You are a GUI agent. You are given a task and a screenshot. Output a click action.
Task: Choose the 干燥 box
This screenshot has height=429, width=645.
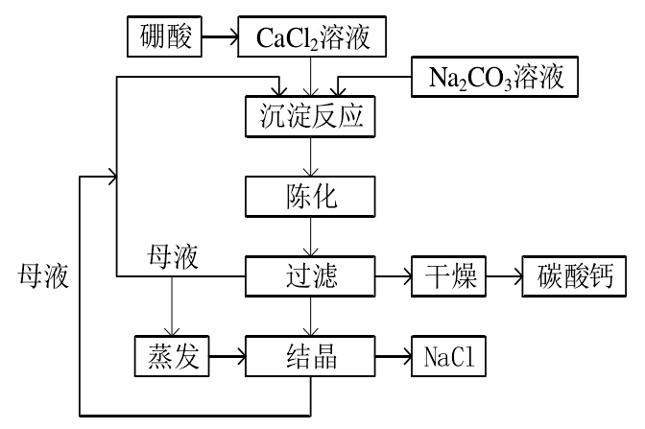(x=447, y=278)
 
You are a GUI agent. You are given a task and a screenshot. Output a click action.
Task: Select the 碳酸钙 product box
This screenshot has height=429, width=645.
(x=575, y=278)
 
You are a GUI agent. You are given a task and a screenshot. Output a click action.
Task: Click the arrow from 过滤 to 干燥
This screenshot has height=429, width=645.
(x=391, y=278)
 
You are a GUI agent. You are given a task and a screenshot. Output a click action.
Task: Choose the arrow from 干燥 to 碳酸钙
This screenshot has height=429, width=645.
(x=502, y=278)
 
